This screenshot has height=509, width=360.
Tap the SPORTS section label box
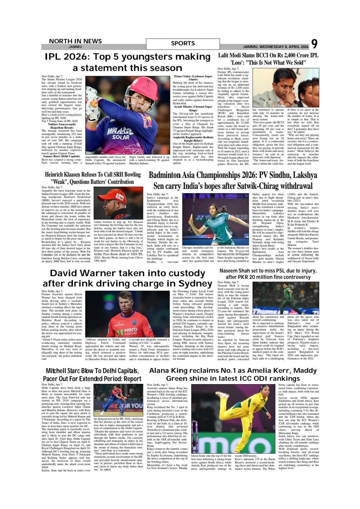(183, 44)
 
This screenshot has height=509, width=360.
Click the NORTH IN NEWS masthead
(75, 41)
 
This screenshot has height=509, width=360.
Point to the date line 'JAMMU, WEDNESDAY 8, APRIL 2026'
(276, 47)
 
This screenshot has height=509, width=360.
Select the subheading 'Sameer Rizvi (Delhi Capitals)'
(62, 156)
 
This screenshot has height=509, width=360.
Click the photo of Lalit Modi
(285, 88)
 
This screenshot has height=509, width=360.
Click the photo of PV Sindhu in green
(215, 219)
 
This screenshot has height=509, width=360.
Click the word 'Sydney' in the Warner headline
(195, 283)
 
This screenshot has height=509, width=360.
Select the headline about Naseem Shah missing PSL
(268, 274)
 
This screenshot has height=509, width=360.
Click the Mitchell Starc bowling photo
(118, 400)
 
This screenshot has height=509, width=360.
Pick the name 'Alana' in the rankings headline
(160, 371)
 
